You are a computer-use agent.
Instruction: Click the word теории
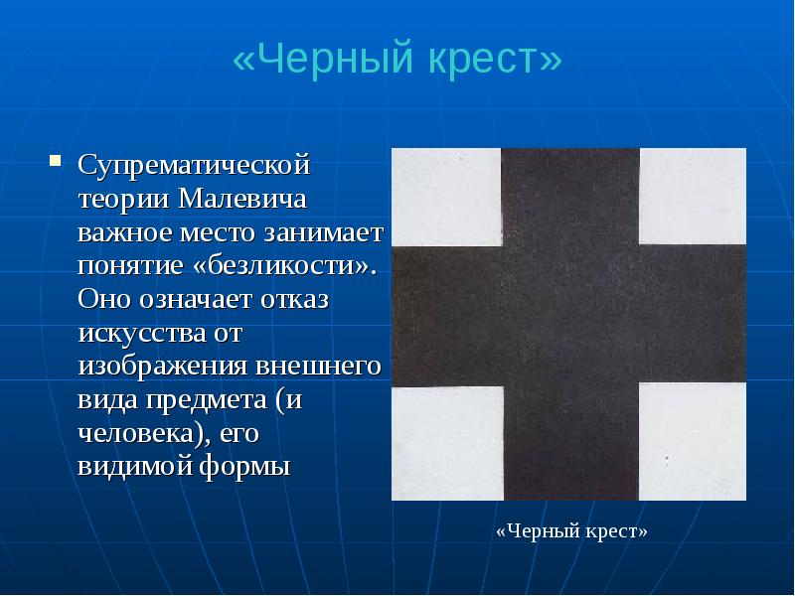click(124, 197)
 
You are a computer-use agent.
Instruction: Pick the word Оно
click(100, 299)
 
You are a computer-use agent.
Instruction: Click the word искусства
click(136, 333)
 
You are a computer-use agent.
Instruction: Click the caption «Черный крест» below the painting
click(571, 531)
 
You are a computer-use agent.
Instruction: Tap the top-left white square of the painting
click(446, 195)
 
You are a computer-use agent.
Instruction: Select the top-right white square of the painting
click(692, 195)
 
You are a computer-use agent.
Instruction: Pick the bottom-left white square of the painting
click(446, 441)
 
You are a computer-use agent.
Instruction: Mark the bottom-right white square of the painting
click(692, 441)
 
